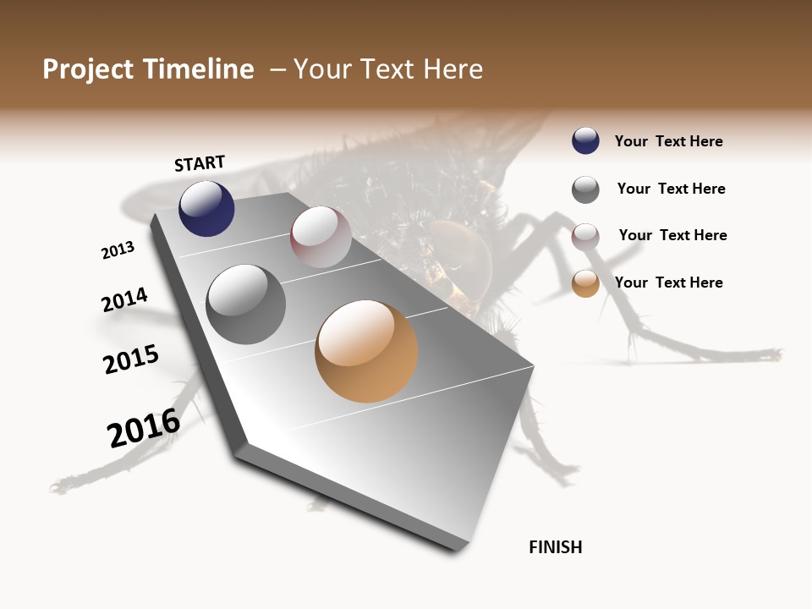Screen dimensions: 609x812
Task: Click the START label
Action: (200, 163)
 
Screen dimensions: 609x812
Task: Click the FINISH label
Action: (555, 547)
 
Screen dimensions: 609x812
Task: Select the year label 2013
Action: (118, 250)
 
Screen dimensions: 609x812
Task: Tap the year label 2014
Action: (124, 300)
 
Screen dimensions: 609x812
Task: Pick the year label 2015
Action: (131, 359)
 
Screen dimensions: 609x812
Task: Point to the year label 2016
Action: (144, 427)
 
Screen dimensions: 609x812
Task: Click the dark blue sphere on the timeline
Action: (206, 208)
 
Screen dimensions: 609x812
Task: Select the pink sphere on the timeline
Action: (321, 237)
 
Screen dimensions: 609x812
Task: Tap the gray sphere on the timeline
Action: (245, 304)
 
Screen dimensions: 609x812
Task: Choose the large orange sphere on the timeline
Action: (366, 351)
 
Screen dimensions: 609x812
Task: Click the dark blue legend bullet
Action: (585, 140)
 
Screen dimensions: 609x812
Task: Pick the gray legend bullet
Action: (585, 189)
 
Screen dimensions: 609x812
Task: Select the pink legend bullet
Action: (585, 237)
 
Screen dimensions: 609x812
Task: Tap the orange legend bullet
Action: (585, 283)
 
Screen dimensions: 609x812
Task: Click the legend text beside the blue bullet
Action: (668, 141)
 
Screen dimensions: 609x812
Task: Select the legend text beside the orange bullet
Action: (668, 283)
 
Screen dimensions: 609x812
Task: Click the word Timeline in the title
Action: (199, 69)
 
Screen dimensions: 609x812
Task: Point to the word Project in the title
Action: (88, 69)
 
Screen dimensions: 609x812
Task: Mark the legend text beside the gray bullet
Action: (671, 189)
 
